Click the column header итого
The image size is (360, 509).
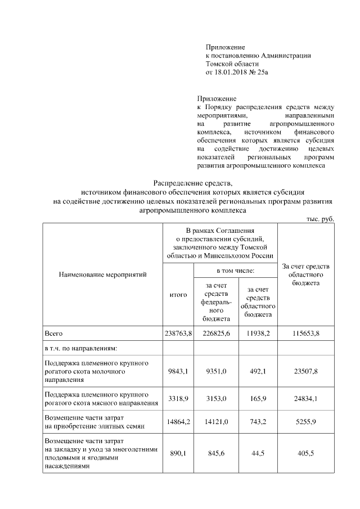pos(178,294)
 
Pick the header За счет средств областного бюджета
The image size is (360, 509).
pos(306,274)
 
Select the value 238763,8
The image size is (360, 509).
pos(178,334)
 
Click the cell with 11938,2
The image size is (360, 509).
pos(258,334)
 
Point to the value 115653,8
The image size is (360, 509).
pos(306,334)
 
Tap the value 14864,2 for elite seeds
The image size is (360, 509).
pos(178,422)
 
